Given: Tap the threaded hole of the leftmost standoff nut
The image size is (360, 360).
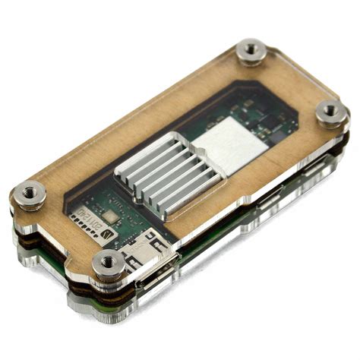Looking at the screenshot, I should [30, 191].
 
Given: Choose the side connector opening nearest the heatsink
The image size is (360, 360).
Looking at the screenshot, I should [268, 199].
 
